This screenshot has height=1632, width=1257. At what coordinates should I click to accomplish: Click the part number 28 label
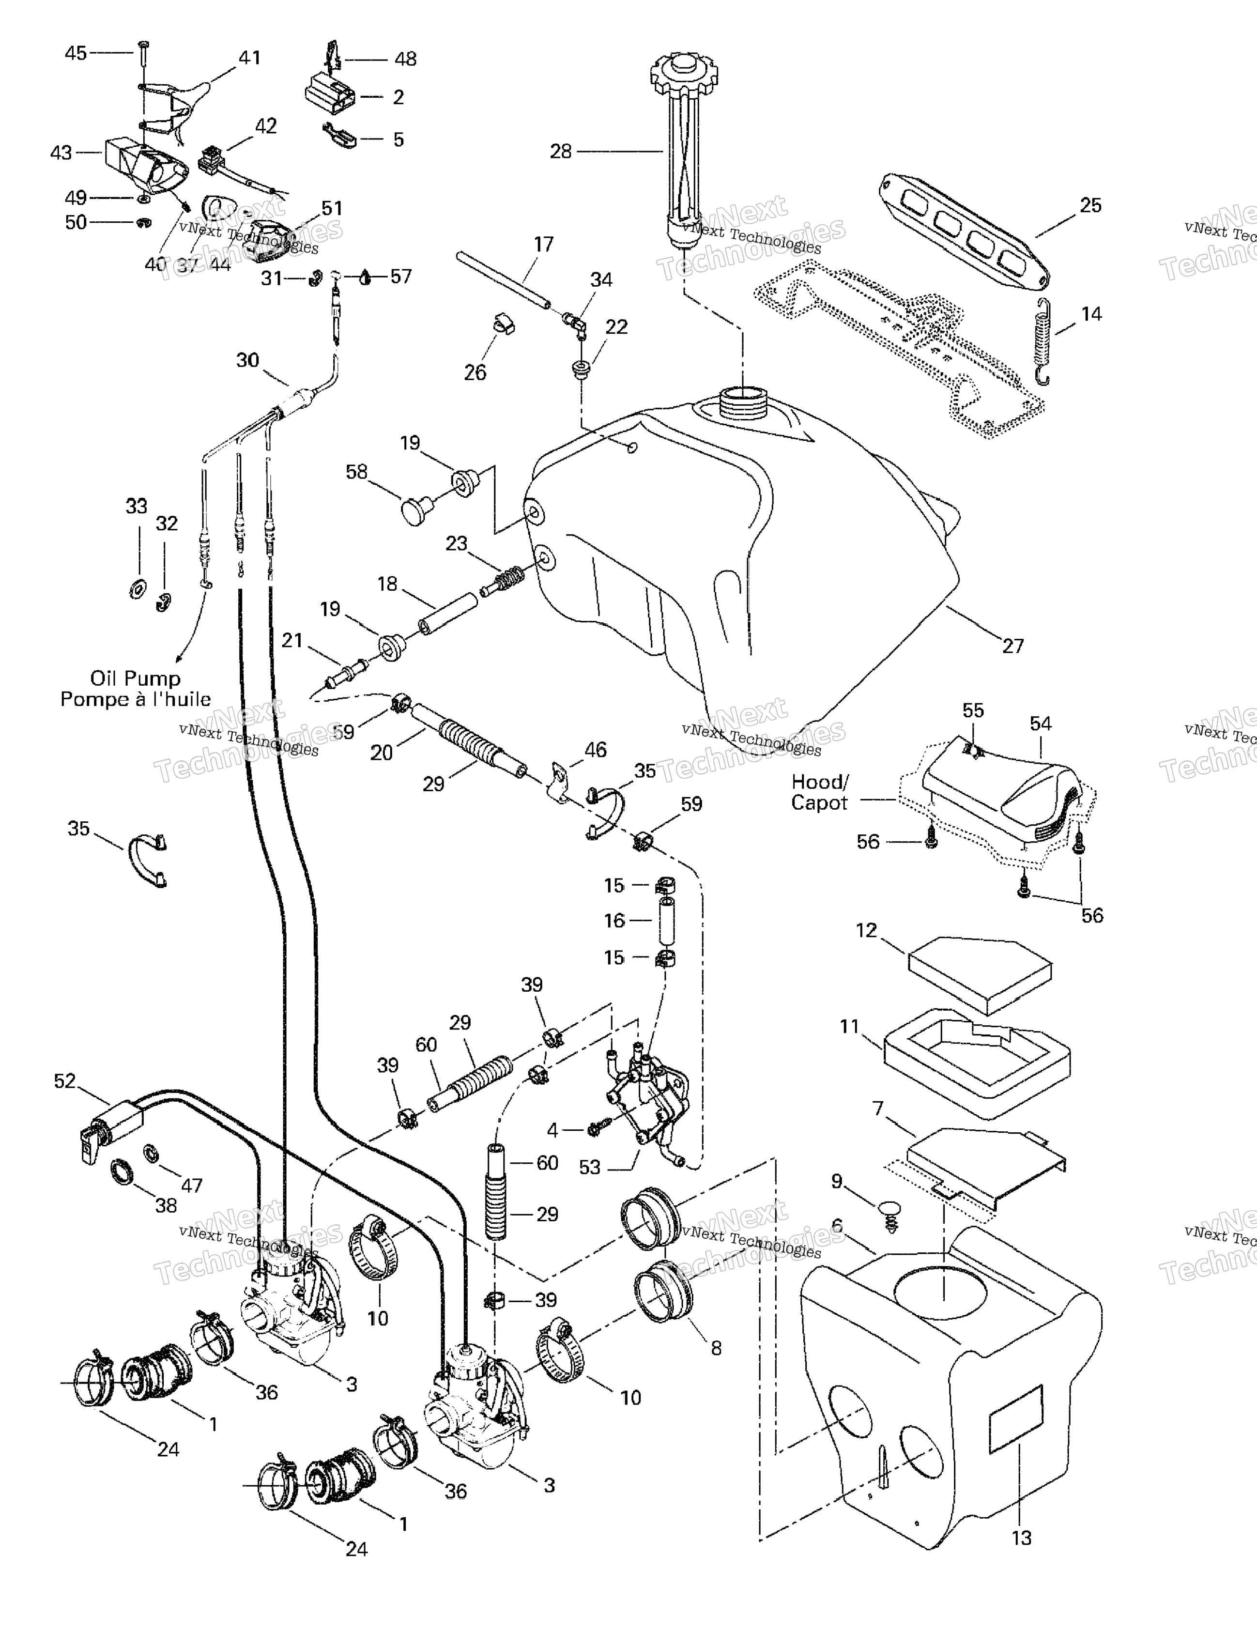[x=561, y=152]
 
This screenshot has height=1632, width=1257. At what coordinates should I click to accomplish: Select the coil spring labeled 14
[x=1044, y=342]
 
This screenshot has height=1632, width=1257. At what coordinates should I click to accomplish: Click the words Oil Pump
[x=135, y=678]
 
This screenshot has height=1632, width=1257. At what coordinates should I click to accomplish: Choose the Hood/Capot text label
[x=819, y=792]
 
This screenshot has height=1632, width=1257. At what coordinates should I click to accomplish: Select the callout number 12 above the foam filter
[x=866, y=930]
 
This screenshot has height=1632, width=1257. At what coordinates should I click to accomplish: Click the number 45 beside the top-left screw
[x=76, y=53]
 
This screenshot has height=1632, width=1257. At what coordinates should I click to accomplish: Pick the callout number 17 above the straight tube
[x=543, y=245]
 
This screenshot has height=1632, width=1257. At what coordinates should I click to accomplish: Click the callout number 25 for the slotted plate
[x=1090, y=205]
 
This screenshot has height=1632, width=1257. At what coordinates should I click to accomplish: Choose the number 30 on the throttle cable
[x=247, y=360]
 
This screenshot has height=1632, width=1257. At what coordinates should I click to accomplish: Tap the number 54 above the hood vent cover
[x=1040, y=724]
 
